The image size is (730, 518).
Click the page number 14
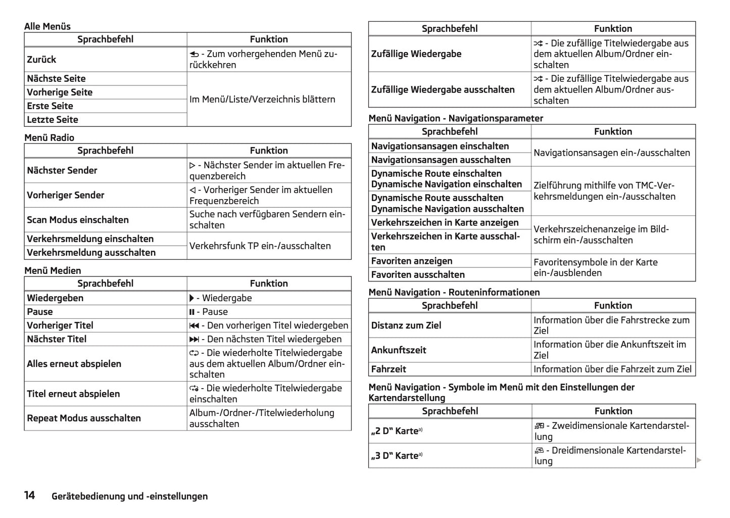coord(29,495)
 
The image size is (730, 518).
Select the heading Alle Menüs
coord(47,26)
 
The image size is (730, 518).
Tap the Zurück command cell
coord(42,60)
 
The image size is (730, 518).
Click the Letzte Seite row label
coord(53,120)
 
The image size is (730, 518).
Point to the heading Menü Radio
coord(49,137)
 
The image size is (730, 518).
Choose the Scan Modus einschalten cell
coord(78,220)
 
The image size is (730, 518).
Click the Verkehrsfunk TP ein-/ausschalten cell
coord(260,246)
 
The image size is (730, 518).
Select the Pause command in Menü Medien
coord(40,312)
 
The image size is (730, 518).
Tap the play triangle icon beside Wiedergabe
coord(192,298)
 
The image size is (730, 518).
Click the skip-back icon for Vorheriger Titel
coord(194,325)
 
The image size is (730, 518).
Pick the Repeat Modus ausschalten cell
coord(84,418)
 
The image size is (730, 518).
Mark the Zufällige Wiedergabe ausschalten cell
coord(443,90)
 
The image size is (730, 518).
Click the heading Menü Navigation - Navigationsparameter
coord(456,118)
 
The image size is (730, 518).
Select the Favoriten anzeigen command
coord(412,261)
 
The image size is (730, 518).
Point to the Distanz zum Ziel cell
coord(406,325)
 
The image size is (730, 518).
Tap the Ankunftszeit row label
coord(399,350)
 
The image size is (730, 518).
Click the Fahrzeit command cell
coord(388,369)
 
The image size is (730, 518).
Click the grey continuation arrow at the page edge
coord(699,460)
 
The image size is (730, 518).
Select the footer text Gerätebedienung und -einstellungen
coord(129,496)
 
